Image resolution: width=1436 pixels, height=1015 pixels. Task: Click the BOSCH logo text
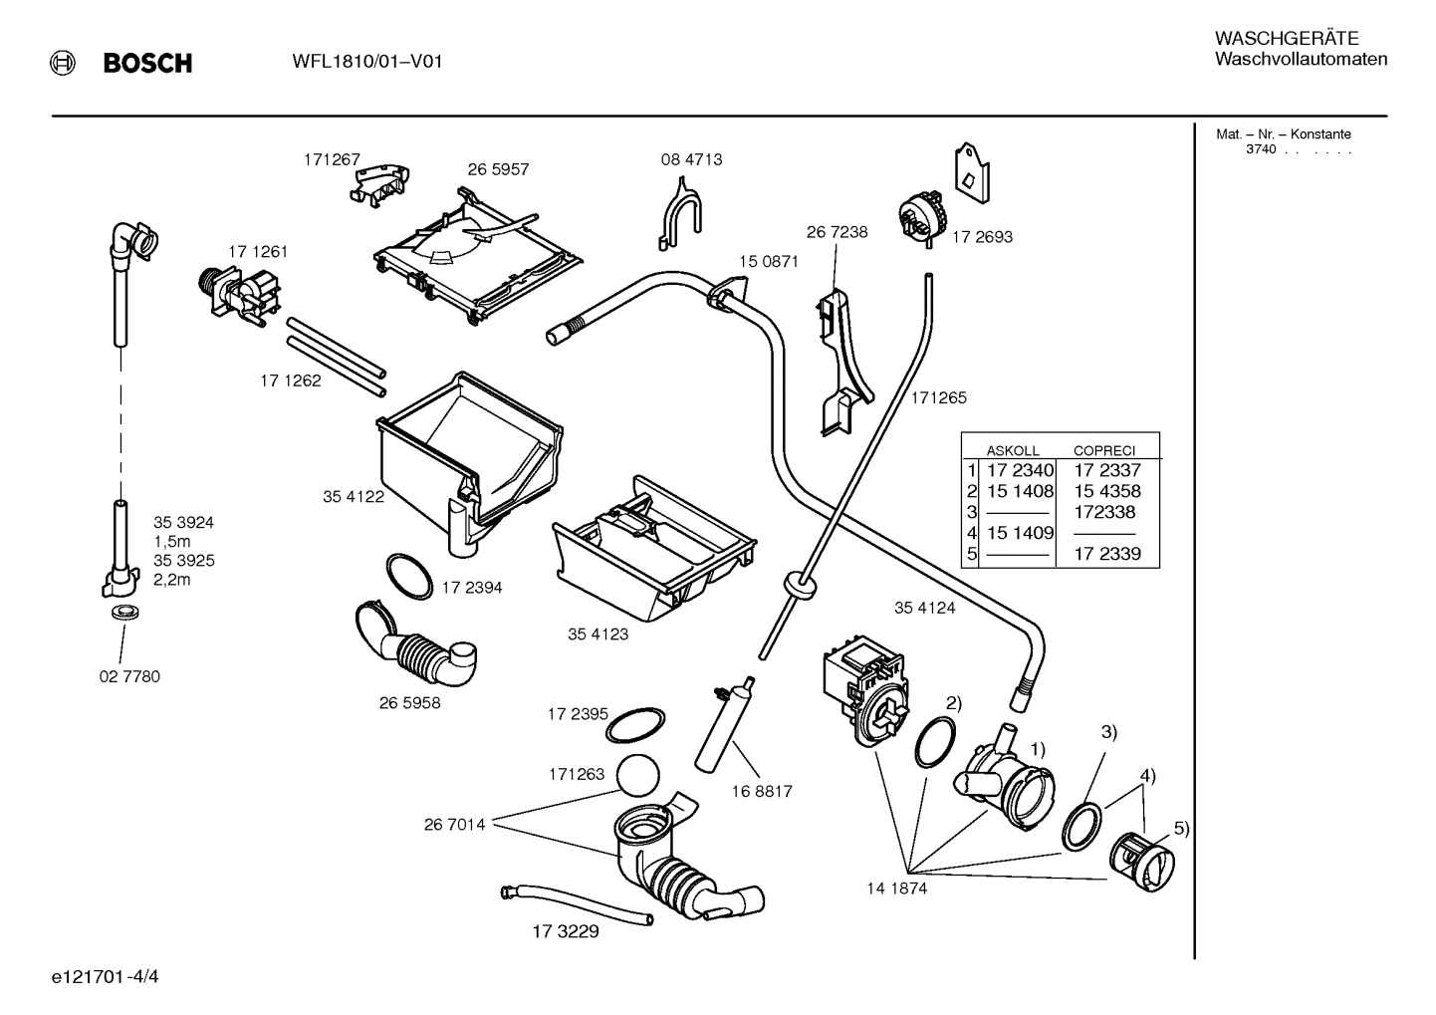tap(146, 64)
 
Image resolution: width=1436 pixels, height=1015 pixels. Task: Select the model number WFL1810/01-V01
tap(367, 62)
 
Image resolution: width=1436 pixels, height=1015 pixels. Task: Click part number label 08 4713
tap(691, 159)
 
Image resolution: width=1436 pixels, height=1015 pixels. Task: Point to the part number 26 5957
tap(498, 169)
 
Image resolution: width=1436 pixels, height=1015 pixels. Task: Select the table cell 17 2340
tap(1019, 470)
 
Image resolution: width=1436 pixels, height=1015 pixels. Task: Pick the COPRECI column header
tap(1103, 450)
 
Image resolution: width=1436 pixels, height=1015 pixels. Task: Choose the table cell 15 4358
tap(1106, 491)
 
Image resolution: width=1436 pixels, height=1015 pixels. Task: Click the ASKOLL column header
tap(1012, 450)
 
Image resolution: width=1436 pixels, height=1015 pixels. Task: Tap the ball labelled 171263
tap(638, 773)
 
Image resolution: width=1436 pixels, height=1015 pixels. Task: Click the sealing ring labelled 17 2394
tap(408, 576)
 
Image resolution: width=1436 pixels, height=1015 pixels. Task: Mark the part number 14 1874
tap(896, 888)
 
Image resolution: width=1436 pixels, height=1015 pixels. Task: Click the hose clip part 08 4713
tap(680, 213)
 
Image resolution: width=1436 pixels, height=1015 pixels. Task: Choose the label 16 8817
tap(761, 791)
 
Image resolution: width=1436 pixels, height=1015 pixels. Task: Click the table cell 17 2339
tap(1106, 554)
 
